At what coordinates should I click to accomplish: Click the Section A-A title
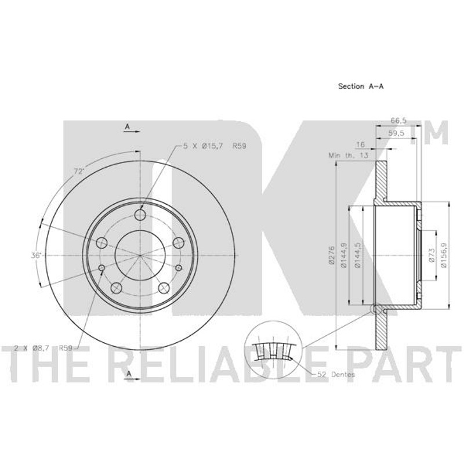(x=361, y=86)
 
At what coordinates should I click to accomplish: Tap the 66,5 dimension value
(x=398, y=121)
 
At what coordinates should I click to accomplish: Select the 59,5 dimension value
(x=396, y=133)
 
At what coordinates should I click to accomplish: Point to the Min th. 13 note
(x=349, y=155)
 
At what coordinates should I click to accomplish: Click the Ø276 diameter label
(x=331, y=255)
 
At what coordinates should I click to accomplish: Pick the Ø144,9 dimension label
(x=344, y=255)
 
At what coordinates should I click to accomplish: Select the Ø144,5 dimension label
(x=357, y=255)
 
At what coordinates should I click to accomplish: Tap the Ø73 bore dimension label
(x=432, y=255)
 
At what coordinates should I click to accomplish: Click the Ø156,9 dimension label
(x=444, y=255)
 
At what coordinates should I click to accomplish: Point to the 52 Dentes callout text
(x=336, y=374)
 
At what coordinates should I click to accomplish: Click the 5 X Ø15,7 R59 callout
(x=215, y=146)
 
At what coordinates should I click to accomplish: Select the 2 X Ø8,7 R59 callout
(x=43, y=348)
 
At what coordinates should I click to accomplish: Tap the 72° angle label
(x=79, y=171)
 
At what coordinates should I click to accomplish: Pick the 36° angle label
(x=37, y=255)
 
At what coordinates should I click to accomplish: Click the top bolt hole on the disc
(x=140, y=215)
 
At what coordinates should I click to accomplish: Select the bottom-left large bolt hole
(x=117, y=288)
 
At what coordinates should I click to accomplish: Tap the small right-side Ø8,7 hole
(x=179, y=268)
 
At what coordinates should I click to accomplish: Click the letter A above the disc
(x=128, y=126)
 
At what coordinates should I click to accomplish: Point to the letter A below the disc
(x=129, y=374)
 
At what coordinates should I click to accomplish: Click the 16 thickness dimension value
(x=360, y=144)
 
